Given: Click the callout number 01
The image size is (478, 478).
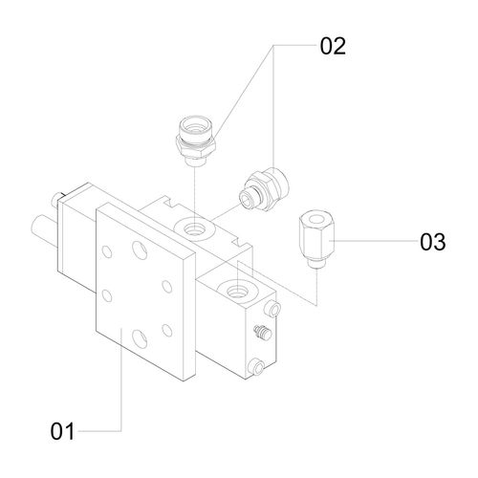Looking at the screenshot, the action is [x=62, y=431].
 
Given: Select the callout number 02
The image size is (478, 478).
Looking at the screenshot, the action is [x=333, y=46].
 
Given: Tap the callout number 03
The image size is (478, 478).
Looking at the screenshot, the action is [x=432, y=242].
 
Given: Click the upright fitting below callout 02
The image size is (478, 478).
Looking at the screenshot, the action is [x=195, y=141].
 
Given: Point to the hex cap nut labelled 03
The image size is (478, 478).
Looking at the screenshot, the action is [x=316, y=238].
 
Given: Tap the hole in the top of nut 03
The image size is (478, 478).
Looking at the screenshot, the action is [x=315, y=219].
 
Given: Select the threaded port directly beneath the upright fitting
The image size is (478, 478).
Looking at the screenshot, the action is [x=193, y=228].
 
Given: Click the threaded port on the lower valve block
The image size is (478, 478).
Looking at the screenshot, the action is [x=238, y=290].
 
